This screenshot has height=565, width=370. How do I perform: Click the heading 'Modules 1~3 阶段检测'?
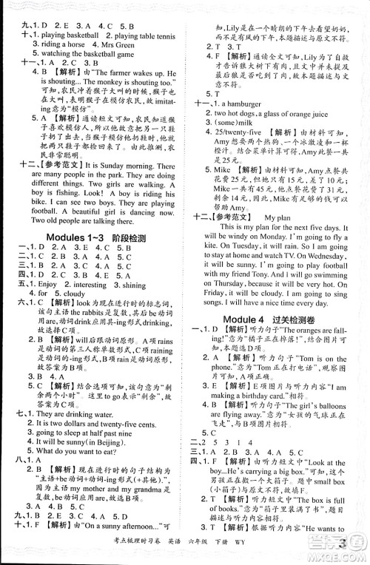coord(95,239)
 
